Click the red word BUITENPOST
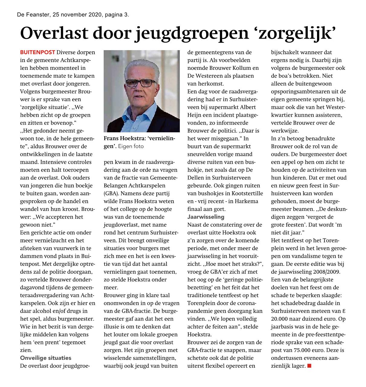pyautogui.click(x=38, y=53)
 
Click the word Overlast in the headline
pyautogui.click(x=53, y=33)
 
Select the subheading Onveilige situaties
pyautogui.click(x=46, y=358)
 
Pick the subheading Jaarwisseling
pyautogui.click(x=206, y=217)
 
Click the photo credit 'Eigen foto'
pyautogui.click(x=131, y=147)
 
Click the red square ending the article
pyautogui.click(x=309, y=366)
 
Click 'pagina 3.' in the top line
pyautogui.click(x=117, y=15)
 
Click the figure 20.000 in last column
pyautogui.click(x=280, y=319)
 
